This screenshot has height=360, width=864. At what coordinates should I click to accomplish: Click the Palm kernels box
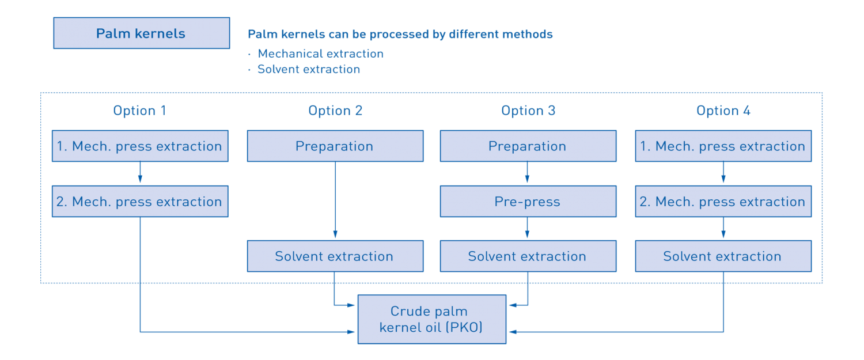[141, 33]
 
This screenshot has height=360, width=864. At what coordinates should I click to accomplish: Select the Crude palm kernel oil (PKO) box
[431, 319]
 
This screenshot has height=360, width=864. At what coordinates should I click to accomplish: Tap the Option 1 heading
[139, 111]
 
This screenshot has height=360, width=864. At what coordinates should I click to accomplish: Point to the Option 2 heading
[335, 111]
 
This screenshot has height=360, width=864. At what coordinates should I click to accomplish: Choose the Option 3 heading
[528, 111]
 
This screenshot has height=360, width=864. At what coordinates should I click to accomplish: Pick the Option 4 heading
[723, 111]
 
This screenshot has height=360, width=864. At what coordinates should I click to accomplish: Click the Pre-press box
[528, 202]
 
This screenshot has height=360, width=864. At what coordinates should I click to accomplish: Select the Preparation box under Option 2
[335, 146]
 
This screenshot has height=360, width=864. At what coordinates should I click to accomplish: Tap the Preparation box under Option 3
[528, 146]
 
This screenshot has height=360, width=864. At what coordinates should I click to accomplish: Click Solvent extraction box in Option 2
[335, 256]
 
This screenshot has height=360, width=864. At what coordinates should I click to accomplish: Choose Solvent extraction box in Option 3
[528, 256]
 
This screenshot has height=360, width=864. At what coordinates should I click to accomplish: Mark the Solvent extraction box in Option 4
[723, 256]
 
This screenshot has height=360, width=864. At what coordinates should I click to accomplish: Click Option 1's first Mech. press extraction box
[139, 146]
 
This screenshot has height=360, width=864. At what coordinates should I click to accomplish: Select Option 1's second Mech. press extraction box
[139, 202]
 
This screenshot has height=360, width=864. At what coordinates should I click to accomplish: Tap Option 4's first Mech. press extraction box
[723, 146]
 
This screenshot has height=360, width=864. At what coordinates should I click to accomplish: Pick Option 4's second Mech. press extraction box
[723, 202]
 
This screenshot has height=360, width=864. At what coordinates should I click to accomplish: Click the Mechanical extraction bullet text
[320, 54]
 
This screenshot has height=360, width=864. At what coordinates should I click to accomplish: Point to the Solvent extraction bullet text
[309, 69]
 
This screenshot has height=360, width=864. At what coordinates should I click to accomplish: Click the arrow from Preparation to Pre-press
[528, 173]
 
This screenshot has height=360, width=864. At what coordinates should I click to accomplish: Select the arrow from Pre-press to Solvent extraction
[528, 229]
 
